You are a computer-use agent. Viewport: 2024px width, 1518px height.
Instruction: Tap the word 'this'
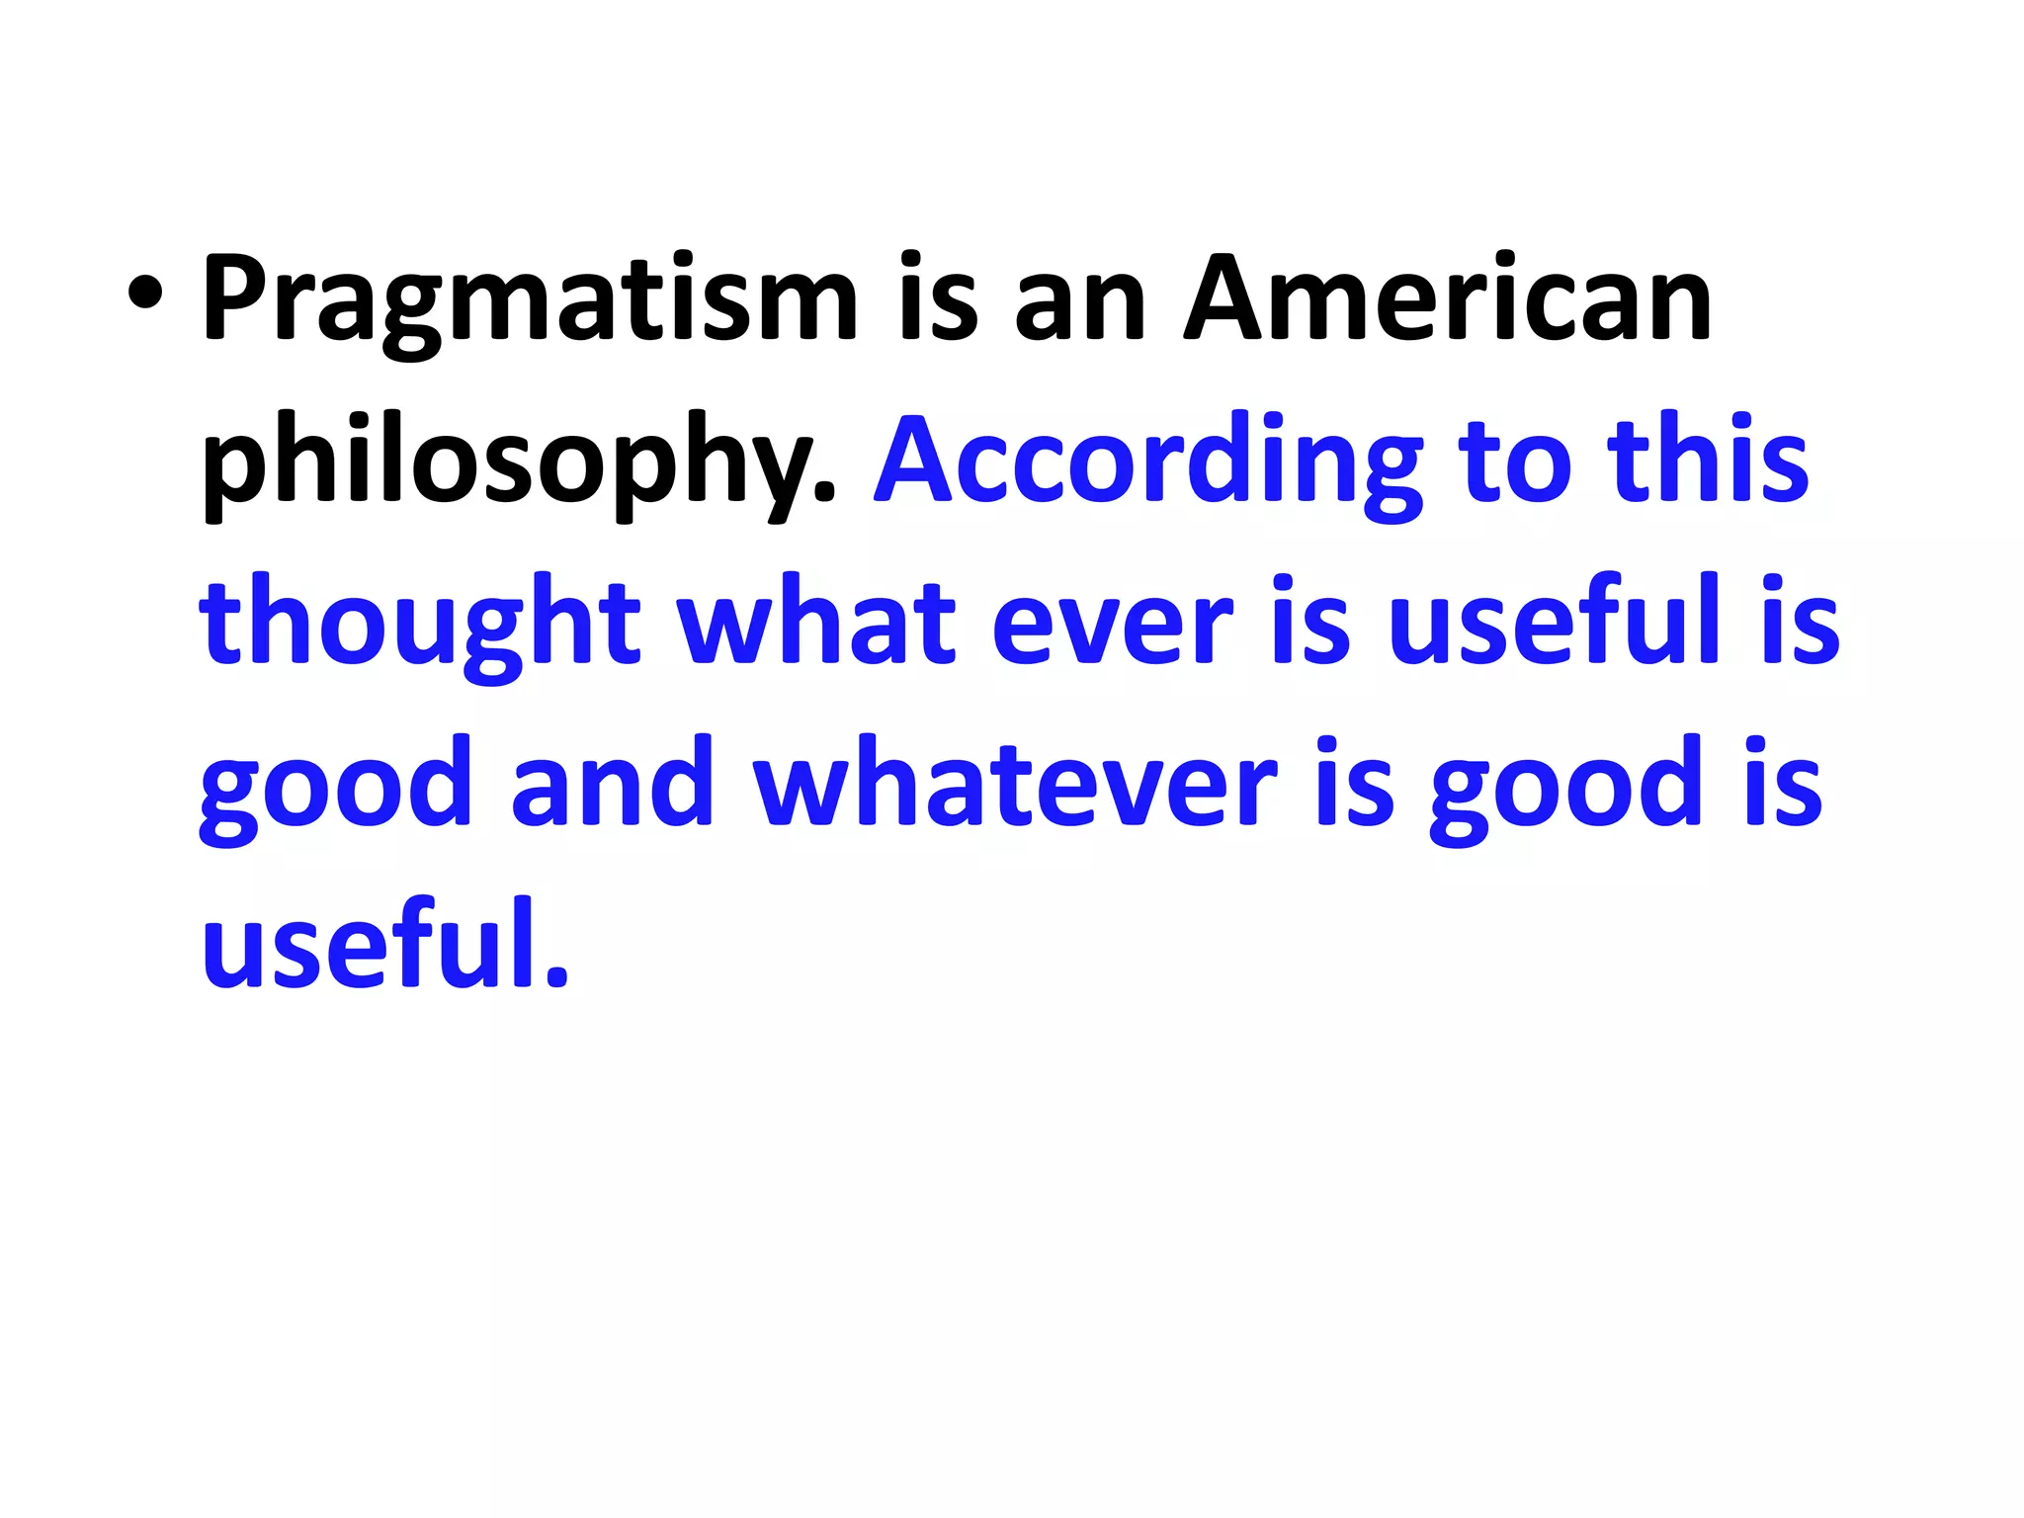1709,461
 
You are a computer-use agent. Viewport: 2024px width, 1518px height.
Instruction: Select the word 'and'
613,785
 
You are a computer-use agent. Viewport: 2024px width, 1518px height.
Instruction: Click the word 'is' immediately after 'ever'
1310,623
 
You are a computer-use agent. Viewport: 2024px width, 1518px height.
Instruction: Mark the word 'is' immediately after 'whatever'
1355,785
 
